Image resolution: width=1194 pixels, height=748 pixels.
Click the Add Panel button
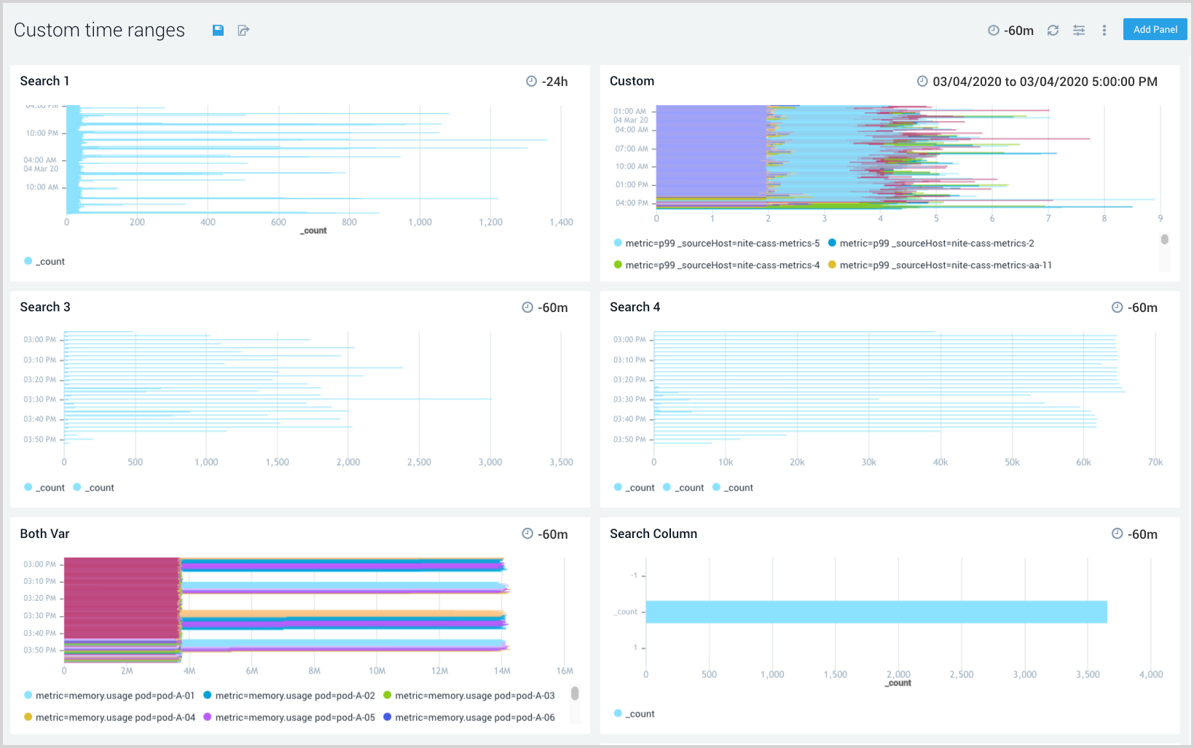coord(1155,30)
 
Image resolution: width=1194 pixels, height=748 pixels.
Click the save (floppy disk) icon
coord(218,30)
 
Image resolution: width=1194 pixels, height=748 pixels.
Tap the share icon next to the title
coord(243,30)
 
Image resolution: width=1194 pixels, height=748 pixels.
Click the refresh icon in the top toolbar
coord(1053,30)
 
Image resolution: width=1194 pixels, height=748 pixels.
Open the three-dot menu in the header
coord(1104,30)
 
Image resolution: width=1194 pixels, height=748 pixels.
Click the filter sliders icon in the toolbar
coord(1079,30)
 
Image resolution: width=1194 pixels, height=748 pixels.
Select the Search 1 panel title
coord(44,81)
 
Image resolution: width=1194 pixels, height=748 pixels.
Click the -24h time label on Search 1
coord(554,82)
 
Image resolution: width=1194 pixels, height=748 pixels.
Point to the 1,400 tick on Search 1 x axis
coord(561,222)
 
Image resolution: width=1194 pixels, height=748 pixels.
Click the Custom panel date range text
coord(1044,82)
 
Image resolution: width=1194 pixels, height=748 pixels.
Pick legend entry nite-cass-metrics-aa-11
coord(945,265)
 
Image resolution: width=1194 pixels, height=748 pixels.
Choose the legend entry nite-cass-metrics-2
coord(936,244)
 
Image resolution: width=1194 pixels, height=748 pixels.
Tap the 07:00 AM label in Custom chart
coord(631,149)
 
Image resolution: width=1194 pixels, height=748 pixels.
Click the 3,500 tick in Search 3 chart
coord(561,462)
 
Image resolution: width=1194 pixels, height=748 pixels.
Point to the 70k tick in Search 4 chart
coord(1155,462)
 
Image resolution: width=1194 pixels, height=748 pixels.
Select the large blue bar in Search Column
coord(876,612)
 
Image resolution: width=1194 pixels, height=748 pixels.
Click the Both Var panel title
coord(44,534)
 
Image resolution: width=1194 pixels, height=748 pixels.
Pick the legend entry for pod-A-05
coord(294,717)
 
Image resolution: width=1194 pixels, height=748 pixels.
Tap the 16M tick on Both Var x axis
coord(565,671)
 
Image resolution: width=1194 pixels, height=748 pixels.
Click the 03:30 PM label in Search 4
coord(629,400)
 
